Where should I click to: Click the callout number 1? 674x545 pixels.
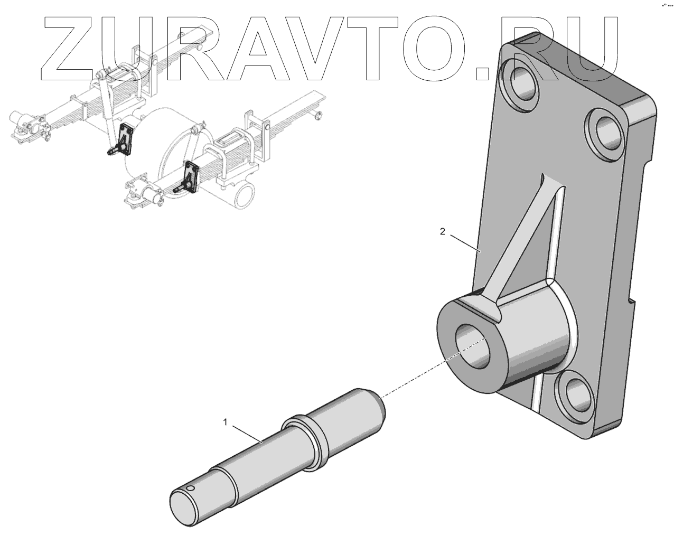coord(226,422)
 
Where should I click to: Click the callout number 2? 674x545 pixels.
coord(443,231)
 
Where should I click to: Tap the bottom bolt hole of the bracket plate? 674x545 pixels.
coord(578,394)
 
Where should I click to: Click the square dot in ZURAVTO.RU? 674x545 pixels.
coord(484,72)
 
